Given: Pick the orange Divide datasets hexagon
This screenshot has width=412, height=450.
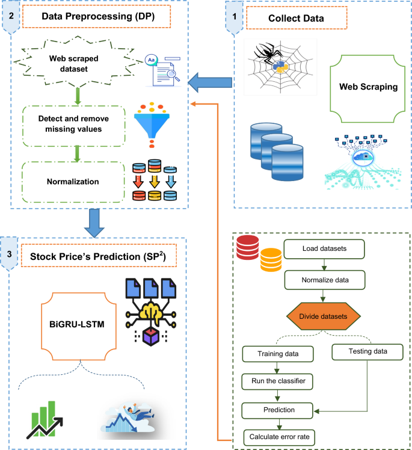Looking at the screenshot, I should tap(325, 315).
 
